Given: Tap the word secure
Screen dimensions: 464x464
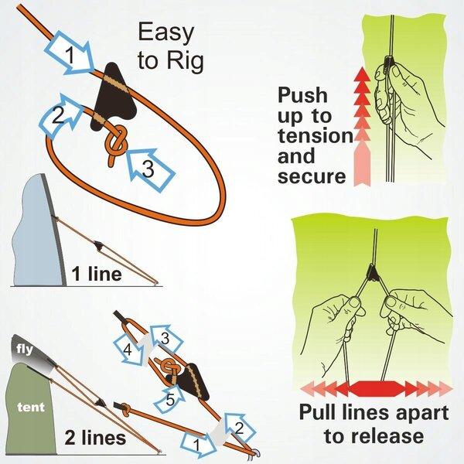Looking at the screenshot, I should pyautogui.click(x=312, y=177).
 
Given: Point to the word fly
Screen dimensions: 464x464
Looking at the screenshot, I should pyautogui.click(x=21, y=349).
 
